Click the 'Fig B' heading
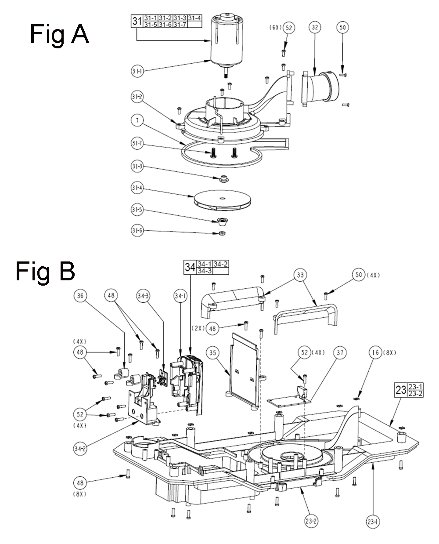(45, 272)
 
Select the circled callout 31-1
(137, 71)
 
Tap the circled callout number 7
(137, 120)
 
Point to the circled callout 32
(315, 27)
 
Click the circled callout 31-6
(137, 230)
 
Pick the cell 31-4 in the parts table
(194, 18)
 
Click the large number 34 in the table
(190, 267)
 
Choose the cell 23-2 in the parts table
(415, 394)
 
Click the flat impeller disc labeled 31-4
(222, 200)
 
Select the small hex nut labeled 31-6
(222, 232)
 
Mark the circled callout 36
(80, 296)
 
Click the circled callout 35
(212, 353)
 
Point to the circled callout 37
(340, 353)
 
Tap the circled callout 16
(375, 353)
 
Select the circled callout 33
(300, 275)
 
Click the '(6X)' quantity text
(275, 27)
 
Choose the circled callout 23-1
(373, 521)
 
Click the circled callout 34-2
(80, 449)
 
